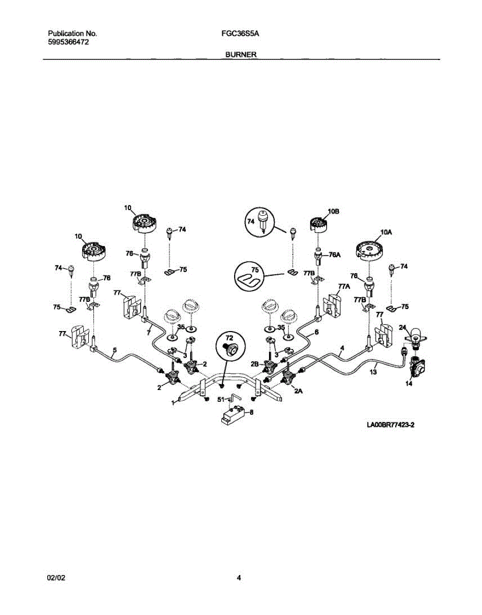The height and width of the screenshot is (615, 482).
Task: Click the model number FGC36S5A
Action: point(240,34)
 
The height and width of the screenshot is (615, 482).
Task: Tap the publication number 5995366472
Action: point(68,42)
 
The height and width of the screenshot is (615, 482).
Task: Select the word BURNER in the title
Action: point(241,55)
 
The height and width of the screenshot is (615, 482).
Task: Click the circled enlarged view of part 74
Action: point(260,222)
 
